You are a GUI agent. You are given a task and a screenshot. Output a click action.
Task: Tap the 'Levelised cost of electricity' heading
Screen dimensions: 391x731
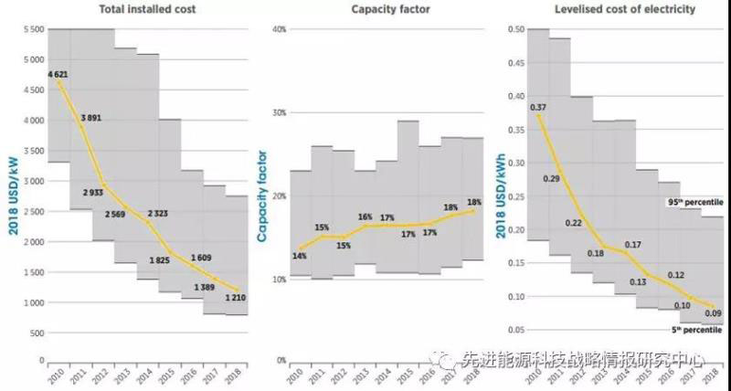[x=611, y=10]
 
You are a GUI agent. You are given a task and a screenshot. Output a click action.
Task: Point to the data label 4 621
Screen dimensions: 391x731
[x=58, y=74]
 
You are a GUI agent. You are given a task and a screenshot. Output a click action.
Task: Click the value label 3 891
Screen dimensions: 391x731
[x=90, y=119]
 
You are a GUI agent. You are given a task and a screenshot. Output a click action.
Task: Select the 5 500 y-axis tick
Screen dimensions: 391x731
[x=32, y=29]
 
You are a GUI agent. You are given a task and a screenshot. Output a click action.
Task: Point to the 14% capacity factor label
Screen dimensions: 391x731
[x=299, y=257]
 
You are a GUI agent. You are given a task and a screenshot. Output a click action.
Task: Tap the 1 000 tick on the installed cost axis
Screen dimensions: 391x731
[x=32, y=302]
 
